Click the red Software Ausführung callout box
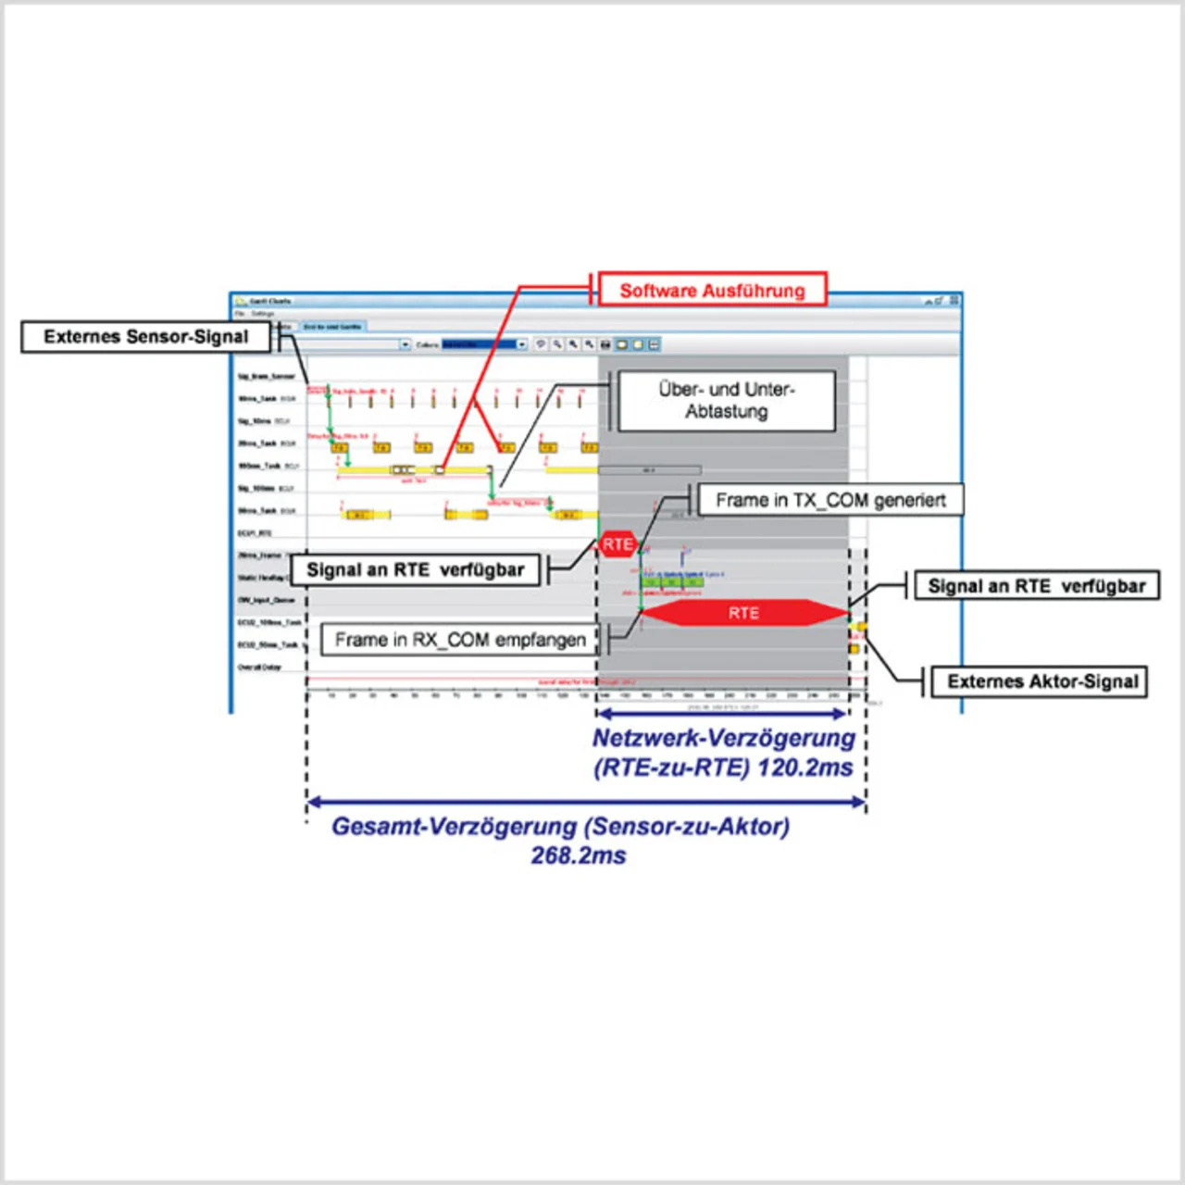[711, 291]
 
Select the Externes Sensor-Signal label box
[145, 337]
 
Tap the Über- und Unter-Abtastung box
[727, 401]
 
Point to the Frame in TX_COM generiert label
[830, 501]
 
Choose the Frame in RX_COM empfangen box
[460, 640]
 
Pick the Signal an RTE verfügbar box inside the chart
[415, 570]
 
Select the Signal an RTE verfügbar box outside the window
[1036, 586]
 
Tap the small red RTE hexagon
[617, 544]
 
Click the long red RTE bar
[743, 613]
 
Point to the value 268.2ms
[579, 855]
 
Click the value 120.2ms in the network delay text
[805, 768]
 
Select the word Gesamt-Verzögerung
[455, 826]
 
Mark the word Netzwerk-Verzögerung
[724, 739]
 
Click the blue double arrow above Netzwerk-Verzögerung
[722, 713]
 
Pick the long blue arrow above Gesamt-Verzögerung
[586, 802]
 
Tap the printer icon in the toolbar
[605, 344]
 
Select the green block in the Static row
[673, 581]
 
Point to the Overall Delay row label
[259, 667]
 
